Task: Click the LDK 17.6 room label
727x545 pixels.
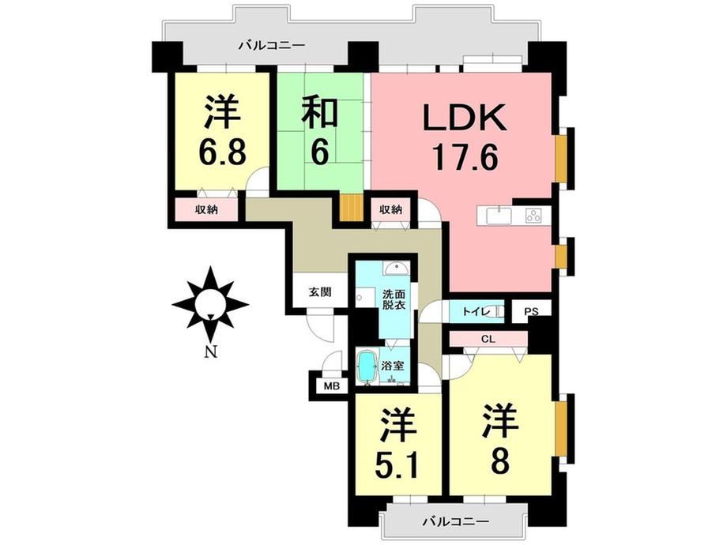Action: click(x=464, y=137)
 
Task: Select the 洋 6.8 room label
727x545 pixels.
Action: click(x=222, y=132)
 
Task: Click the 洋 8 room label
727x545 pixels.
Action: click(x=499, y=440)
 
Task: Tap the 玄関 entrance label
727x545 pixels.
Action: click(x=320, y=292)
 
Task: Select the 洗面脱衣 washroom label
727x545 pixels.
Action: click(x=394, y=299)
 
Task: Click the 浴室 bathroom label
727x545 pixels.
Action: click(x=392, y=365)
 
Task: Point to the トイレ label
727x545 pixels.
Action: click(x=477, y=312)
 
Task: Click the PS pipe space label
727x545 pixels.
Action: click(x=531, y=312)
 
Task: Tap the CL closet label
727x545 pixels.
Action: click(x=488, y=339)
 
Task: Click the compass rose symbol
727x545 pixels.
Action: click(x=210, y=304)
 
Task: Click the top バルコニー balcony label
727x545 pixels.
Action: click(x=272, y=46)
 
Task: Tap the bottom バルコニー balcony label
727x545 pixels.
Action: click(x=455, y=521)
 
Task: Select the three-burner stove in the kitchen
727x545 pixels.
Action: click(x=533, y=215)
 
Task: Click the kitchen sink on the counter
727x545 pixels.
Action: click(x=499, y=215)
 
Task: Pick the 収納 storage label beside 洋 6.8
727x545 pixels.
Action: click(x=206, y=209)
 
